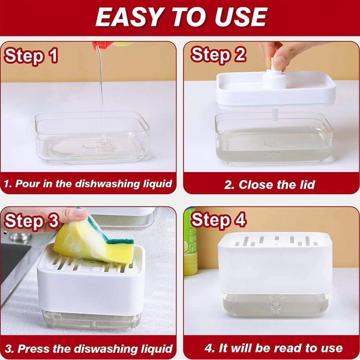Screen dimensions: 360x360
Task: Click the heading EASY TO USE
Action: coord(181,17)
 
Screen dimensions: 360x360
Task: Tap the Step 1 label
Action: coord(31,56)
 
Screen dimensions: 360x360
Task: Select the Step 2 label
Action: coord(218,55)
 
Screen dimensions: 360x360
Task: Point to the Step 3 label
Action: coord(32,221)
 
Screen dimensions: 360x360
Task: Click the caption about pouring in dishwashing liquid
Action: coord(88,184)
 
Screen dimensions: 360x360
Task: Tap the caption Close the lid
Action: coord(269,185)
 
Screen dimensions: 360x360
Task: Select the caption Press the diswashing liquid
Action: coord(89,349)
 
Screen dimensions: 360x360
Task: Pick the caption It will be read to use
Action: coord(274,348)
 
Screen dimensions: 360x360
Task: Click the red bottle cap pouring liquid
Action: coord(101,45)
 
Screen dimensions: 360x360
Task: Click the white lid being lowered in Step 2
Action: coord(276,89)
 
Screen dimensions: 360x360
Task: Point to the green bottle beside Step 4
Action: coord(190,241)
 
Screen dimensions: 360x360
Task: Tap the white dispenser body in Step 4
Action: coord(275,264)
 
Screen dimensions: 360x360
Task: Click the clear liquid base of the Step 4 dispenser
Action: coord(275,304)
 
